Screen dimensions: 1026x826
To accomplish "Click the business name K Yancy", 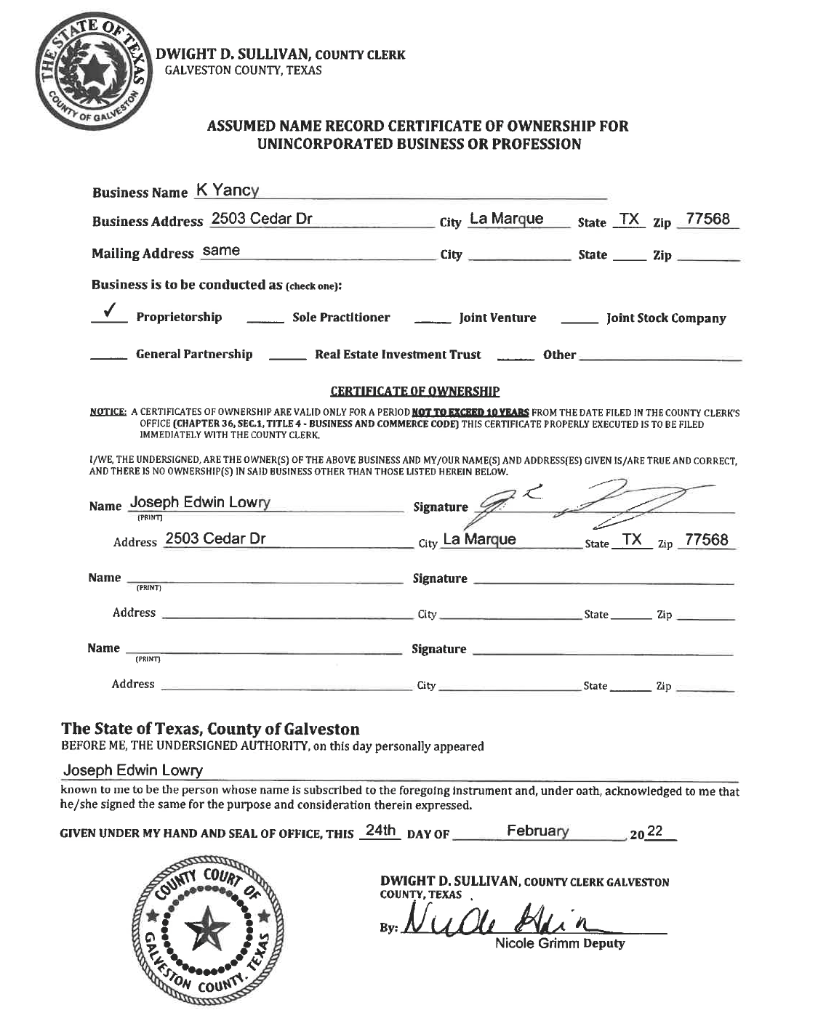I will [x=227, y=191].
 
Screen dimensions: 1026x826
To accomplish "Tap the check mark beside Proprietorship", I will [x=111, y=312].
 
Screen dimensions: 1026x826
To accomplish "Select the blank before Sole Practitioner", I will [x=265, y=320].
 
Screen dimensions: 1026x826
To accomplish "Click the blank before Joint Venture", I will [x=432, y=320].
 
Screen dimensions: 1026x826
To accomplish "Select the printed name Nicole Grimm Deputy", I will [x=559, y=944].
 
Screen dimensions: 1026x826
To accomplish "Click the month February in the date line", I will [x=538, y=831].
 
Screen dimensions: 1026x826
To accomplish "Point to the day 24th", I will [x=380, y=831].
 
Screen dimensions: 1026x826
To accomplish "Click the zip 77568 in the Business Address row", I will [x=707, y=219].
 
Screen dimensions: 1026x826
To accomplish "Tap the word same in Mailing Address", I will [x=221, y=251].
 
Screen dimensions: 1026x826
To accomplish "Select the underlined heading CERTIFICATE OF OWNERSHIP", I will [x=414, y=392].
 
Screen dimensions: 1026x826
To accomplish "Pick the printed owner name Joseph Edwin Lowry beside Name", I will [x=200, y=503].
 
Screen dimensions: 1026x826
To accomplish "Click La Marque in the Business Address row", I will [x=506, y=219].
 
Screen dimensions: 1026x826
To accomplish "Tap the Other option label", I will [x=559, y=355].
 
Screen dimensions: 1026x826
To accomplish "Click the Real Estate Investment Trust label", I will [x=398, y=355].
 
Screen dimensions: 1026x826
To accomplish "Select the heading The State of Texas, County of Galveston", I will [x=210, y=729].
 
